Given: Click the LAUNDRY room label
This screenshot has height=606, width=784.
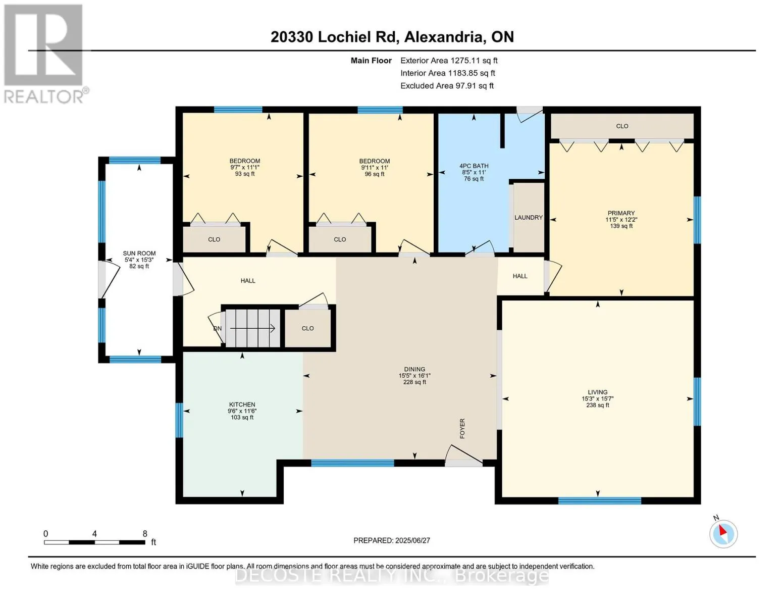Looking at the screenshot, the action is (x=528, y=217).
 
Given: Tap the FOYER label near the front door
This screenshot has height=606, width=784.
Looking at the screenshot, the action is (x=462, y=428).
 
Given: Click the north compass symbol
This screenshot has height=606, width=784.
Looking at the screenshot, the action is (x=723, y=533).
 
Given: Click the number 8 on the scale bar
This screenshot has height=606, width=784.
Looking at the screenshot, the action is (x=145, y=533).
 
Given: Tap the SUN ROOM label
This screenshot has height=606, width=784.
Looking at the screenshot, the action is (x=139, y=254).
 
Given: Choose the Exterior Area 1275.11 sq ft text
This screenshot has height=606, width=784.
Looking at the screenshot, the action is (x=449, y=61).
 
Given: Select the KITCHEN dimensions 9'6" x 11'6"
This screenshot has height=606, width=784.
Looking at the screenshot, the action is (x=242, y=411).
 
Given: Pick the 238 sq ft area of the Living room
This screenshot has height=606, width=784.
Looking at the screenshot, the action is (x=598, y=405).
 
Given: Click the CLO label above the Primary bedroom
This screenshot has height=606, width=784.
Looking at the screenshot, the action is (x=622, y=126).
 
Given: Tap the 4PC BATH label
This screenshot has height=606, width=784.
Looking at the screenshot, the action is (x=474, y=166).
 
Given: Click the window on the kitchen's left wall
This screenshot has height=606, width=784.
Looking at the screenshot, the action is (x=179, y=420).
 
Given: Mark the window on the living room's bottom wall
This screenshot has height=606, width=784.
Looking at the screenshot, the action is (x=600, y=500).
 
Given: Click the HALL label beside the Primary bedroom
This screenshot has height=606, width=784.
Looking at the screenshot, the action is (x=520, y=276).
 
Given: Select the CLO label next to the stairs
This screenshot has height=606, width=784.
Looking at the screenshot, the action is (x=307, y=328).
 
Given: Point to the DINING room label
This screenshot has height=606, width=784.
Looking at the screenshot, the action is (x=414, y=369).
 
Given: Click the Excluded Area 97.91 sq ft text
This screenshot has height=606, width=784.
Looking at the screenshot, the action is (x=447, y=86).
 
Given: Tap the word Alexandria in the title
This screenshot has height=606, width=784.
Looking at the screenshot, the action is (x=443, y=37).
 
